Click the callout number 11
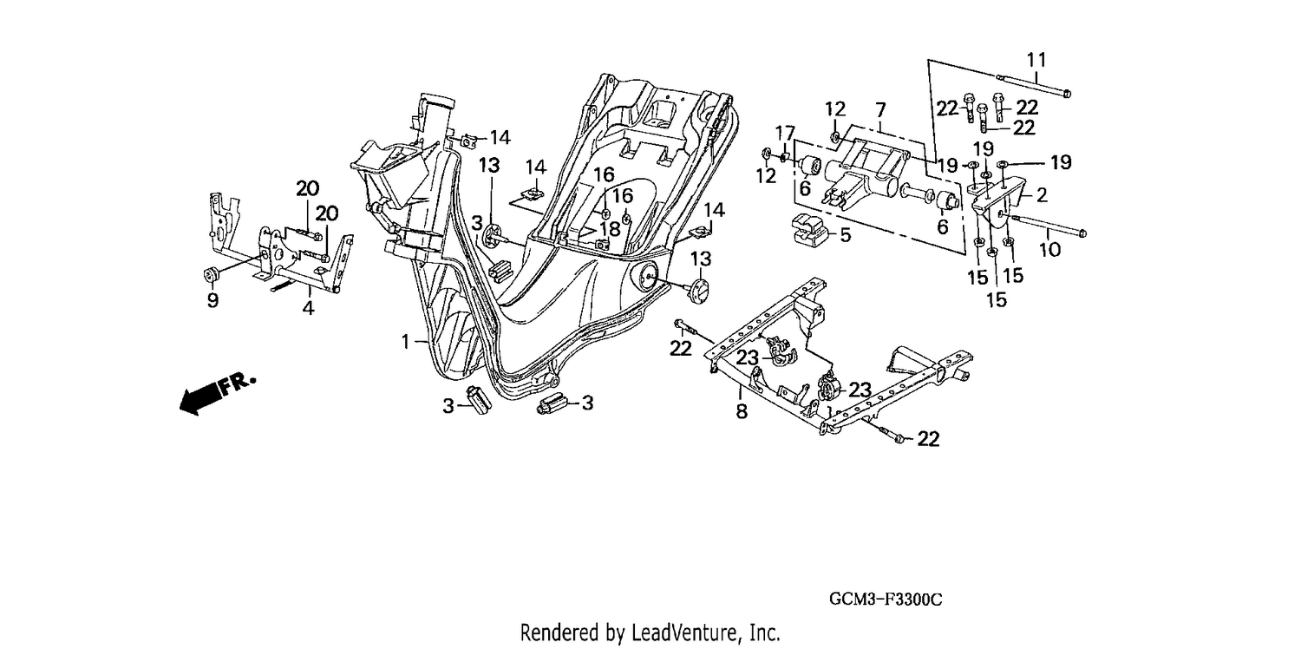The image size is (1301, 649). pyautogui.click(x=1036, y=60)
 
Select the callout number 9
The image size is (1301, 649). pyautogui.click(x=213, y=300)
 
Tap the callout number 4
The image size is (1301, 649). pyautogui.click(x=309, y=308)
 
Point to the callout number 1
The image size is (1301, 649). pyautogui.click(x=406, y=342)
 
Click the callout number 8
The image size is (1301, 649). pyautogui.click(x=742, y=412)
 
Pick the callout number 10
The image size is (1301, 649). pyautogui.click(x=1050, y=250)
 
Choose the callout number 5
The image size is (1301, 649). pyautogui.click(x=846, y=235)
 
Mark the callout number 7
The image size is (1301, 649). pyautogui.click(x=880, y=110)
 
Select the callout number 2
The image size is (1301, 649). pyautogui.click(x=1042, y=195)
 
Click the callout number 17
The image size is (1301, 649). pyautogui.click(x=785, y=133)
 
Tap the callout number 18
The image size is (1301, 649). pyautogui.click(x=610, y=229)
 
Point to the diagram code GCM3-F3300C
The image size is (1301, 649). pyautogui.click(x=886, y=599)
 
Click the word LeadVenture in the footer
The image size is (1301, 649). pyautogui.click(x=682, y=633)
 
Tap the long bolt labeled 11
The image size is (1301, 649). pyautogui.click(x=1034, y=85)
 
